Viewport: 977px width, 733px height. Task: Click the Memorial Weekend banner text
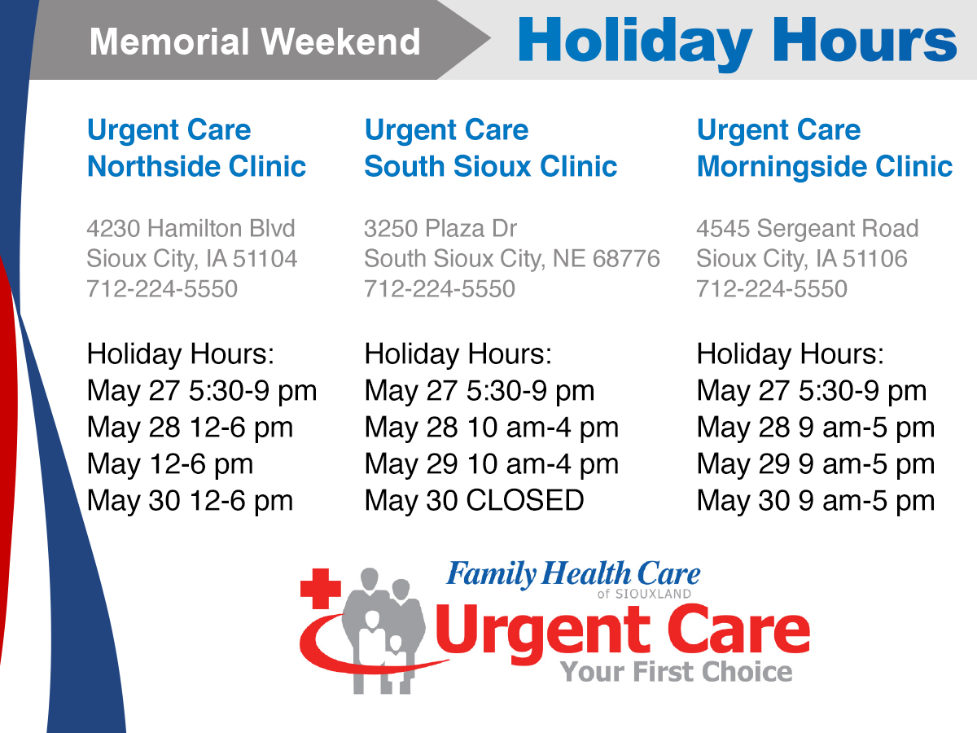(255, 42)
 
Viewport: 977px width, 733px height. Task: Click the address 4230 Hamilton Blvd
(191, 228)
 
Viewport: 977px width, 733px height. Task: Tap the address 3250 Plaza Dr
(440, 228)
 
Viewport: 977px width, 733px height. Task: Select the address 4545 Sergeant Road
(808, 228)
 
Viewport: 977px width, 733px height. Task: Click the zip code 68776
(626, 258)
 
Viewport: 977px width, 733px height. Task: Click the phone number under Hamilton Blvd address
(162, 288)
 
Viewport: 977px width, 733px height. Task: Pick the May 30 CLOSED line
(474, 500)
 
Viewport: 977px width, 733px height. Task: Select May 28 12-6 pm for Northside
(190, 428)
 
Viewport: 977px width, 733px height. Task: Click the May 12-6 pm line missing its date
(170, 464)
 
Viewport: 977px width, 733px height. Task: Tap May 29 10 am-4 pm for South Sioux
(492, 464)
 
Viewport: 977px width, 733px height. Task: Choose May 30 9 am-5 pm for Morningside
(816, 501)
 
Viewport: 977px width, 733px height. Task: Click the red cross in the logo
(321, 588)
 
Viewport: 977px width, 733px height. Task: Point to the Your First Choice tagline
(676, 672)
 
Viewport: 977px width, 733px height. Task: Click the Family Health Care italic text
(573, 573)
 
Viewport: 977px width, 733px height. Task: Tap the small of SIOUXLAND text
(644, 594)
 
